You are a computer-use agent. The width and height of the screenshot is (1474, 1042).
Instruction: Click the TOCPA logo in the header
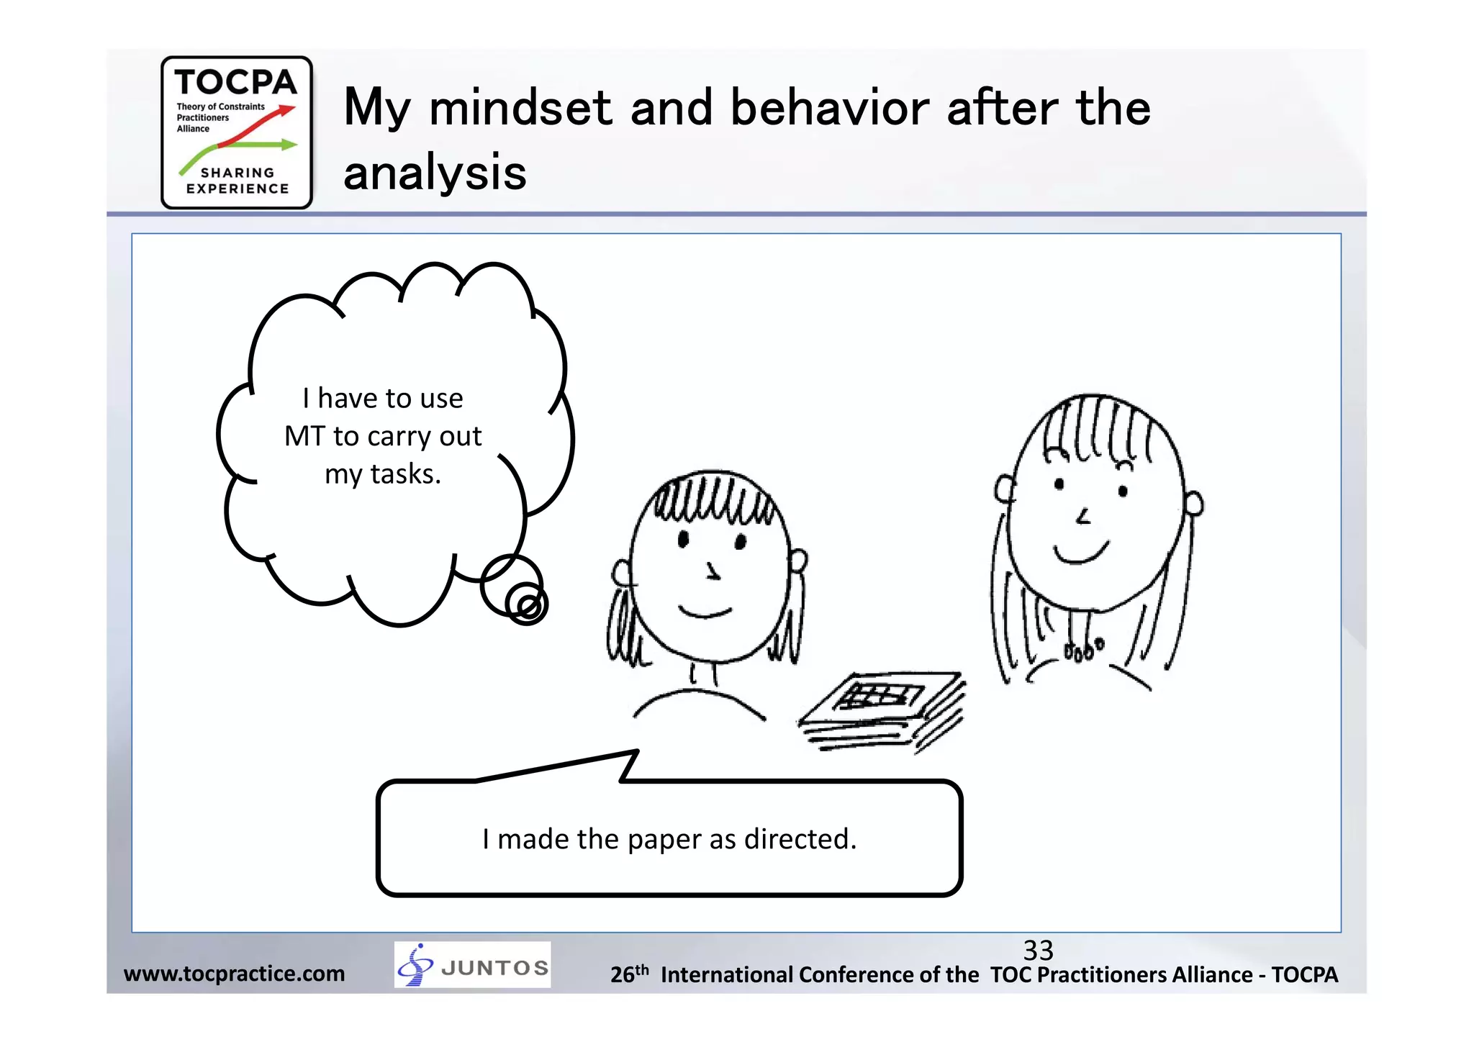coord(237,132)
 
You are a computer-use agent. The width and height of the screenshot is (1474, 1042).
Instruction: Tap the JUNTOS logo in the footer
coord(472,964)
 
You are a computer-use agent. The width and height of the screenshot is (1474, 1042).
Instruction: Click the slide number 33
coord(1038,951)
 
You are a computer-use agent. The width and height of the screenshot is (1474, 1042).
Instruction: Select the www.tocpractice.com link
coord(234,974)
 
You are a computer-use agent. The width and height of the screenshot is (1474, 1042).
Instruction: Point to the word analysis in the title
coord(435,173)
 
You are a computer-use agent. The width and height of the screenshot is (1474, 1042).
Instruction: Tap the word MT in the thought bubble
coord(304,436)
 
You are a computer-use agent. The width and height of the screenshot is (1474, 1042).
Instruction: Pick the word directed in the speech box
coord(800,839)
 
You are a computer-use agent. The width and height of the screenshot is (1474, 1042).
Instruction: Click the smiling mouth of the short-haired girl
coord(705,613)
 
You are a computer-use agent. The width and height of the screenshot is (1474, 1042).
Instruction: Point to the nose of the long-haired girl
coord(1083,516)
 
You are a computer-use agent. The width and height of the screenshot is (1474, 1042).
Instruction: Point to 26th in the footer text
coord(629,974)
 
